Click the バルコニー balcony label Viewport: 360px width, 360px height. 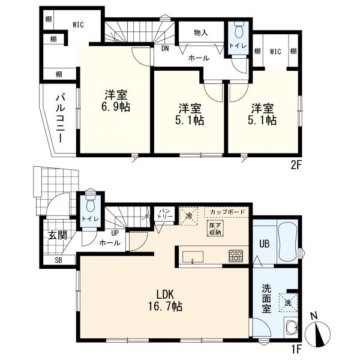coord(61,118)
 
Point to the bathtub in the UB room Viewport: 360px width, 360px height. coord(285,241)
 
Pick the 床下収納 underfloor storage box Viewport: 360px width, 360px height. coord(214,229)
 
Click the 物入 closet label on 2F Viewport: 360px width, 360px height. coord(201,33)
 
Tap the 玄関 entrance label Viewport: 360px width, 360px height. coord(58,233)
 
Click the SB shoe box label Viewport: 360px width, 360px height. coord(58,260)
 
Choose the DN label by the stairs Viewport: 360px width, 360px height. coord(164,49)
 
